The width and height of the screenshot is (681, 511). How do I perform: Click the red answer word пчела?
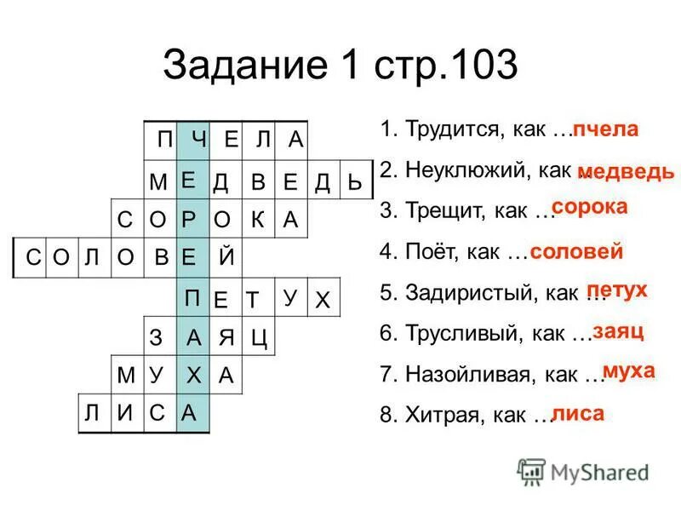coord(604,130)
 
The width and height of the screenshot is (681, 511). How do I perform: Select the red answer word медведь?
coord(626,171)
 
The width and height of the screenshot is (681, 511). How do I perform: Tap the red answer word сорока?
coord(589,207)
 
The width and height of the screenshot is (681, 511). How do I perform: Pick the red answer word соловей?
coord(576,252)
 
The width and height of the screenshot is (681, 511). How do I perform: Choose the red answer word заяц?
coord(618,330)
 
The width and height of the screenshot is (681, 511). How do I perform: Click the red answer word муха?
coord(628,370)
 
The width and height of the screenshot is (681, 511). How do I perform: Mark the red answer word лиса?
coord(578,414)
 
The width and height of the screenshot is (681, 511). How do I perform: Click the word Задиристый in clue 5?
coord(466,294)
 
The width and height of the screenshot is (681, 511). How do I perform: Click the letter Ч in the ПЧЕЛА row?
coord(198,139)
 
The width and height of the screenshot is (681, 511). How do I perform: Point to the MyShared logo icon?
coord(531,471)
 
